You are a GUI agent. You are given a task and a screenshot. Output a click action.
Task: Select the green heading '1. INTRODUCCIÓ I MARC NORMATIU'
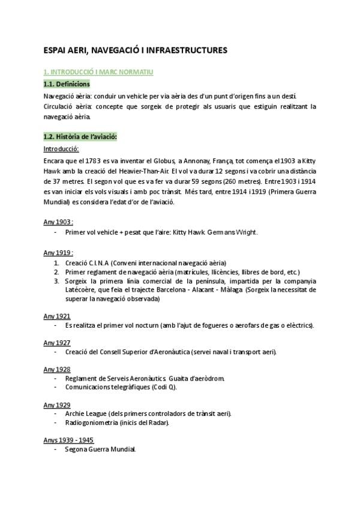tap(99, 73)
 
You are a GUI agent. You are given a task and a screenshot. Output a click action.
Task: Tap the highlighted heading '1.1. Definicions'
tap(67, 84)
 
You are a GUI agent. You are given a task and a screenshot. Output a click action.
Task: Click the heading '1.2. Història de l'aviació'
tap(80, 137)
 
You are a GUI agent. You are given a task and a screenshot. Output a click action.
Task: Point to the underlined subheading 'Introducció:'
tap(61, 149)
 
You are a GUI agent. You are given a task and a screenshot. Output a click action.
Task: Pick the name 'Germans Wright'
tap(232, 232)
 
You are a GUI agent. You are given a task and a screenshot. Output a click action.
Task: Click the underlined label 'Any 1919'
tap(58, 253)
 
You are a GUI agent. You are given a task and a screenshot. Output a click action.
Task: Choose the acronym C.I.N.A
tap(94, 263)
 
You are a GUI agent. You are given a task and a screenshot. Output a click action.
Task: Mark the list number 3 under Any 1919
tap(56, 280)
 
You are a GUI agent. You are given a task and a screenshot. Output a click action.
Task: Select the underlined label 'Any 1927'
tap(57, 343)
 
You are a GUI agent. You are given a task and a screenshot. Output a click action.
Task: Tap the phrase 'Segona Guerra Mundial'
tap(100, 450)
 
